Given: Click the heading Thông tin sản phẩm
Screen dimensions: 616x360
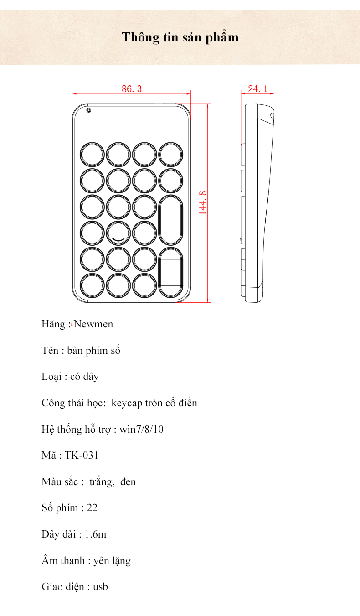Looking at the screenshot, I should [x=180, y=37].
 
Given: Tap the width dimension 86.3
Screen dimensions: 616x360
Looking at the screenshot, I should [x=131, y=89].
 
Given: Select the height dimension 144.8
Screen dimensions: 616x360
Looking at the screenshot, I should [x=203, y=202].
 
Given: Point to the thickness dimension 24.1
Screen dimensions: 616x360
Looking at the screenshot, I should [x=257, y=89].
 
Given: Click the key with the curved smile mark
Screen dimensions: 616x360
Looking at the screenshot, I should [x=118, y=233].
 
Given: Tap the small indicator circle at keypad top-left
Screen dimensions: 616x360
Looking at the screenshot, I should [x=88, y=110].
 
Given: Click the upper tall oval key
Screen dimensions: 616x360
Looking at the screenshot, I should [x=170, y=220].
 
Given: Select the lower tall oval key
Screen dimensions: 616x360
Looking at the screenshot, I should [x=170, y=272].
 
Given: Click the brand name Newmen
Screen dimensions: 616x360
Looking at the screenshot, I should [x=93, y=325].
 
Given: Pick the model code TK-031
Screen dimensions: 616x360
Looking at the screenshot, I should [x=82, y=456].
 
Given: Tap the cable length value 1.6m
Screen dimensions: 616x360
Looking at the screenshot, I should [x=95, y=534].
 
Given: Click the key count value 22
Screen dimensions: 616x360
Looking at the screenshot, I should [x=92, y=508].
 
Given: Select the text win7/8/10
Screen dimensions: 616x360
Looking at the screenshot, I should [x=141, y=430].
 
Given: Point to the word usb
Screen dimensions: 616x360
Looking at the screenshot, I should [x=101, y=587].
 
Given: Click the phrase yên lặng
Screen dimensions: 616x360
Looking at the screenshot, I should [x=112, y=561].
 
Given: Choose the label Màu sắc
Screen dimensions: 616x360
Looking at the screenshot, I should [x=59, y=482].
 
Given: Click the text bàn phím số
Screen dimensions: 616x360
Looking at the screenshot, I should [x=94, y=351].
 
